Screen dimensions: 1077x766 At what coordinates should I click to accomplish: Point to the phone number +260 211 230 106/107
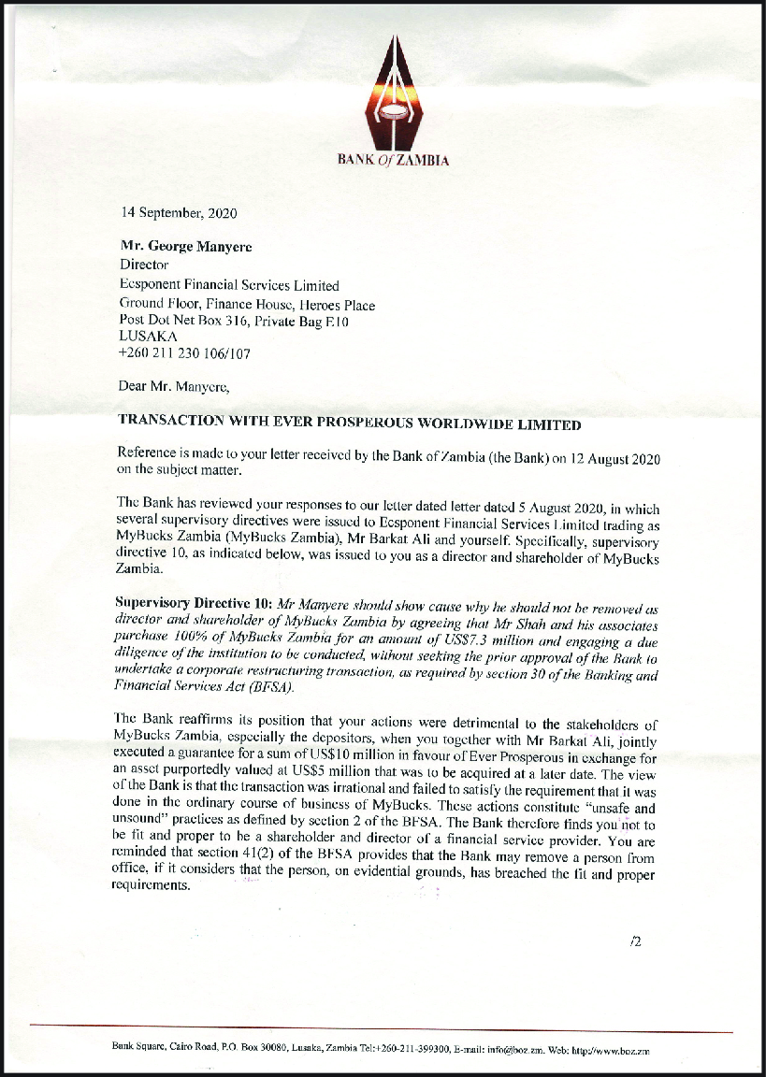[x=185, y=354]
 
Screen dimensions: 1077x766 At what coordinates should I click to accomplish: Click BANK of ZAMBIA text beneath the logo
[x=393, y=160]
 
